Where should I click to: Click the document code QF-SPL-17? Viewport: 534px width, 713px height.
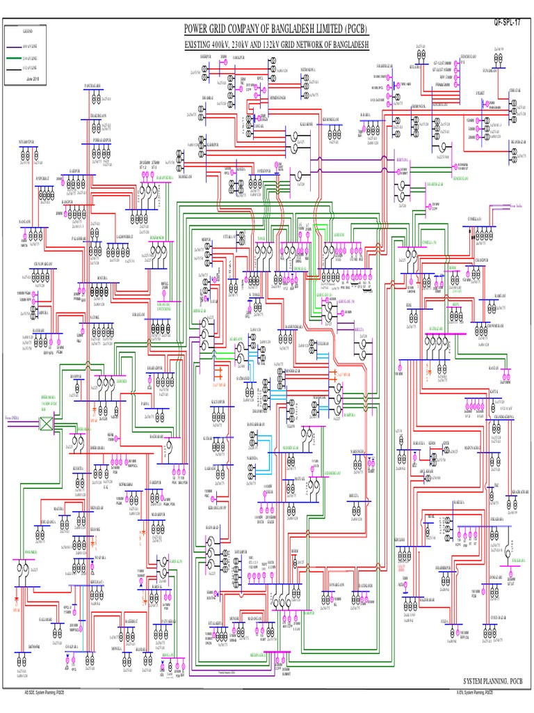pos(506,24)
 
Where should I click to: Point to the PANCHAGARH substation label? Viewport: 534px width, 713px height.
pos(94,84)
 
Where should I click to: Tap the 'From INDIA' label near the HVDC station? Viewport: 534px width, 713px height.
pos(13,416)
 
